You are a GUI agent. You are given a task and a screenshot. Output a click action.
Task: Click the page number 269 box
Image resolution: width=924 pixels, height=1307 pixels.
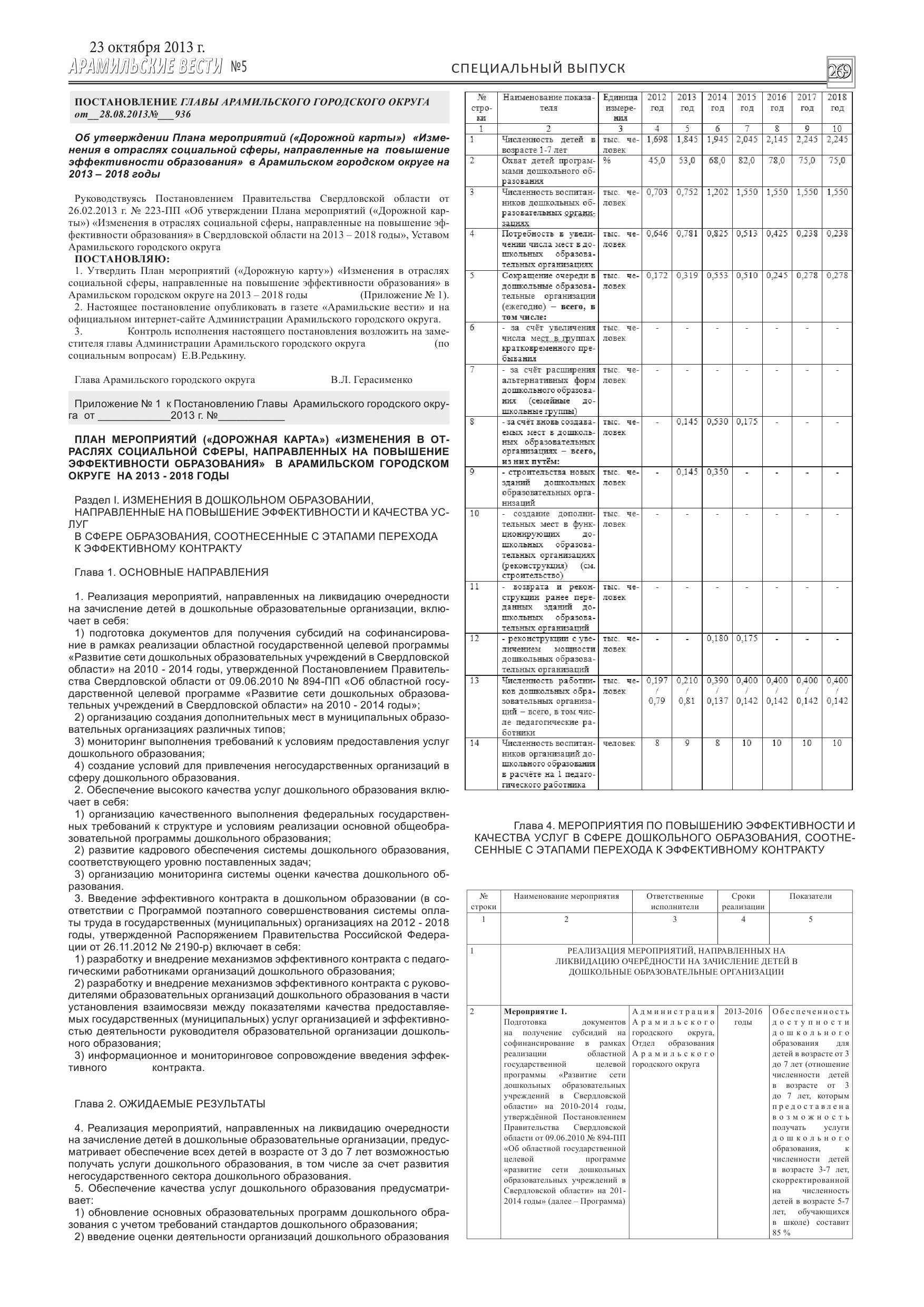point(840,72)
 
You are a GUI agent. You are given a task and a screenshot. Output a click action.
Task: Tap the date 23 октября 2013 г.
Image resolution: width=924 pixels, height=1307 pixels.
point(147,48)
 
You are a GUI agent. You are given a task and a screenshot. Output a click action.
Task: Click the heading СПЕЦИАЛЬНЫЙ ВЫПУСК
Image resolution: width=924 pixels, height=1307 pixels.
point(538,68)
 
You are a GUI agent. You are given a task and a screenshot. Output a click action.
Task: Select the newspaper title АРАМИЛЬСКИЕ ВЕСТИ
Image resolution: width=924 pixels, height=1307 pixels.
point(145,67)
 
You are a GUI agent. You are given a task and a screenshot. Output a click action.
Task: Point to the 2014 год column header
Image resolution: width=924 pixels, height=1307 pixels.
point(717,103)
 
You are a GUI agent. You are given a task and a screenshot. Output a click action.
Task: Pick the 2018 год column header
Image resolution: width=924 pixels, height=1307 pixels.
point(837,103)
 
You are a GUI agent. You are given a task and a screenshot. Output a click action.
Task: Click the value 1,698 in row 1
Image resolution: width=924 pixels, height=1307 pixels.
point(657,140)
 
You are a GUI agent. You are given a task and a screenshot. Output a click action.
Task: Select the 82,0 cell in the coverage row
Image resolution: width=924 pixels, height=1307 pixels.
point(747,161)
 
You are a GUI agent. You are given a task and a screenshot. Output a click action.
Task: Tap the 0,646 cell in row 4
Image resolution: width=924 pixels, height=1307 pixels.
point(657,233)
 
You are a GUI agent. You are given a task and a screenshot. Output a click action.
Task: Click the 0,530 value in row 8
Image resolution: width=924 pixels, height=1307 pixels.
point(717,422)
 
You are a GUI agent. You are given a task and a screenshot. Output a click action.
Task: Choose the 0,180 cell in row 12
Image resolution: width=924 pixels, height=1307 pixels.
point(717,638)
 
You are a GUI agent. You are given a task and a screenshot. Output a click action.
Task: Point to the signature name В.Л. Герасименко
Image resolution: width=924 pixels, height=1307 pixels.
point(371,380)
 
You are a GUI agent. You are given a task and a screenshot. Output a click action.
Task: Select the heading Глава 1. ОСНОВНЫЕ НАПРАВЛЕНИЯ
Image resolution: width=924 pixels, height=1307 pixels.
point(171,572)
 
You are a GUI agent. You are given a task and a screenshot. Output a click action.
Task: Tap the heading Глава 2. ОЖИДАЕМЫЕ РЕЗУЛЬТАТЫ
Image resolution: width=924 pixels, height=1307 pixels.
point(170,1104)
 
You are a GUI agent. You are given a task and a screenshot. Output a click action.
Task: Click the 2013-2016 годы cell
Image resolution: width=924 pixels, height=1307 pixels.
point(743,1017)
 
